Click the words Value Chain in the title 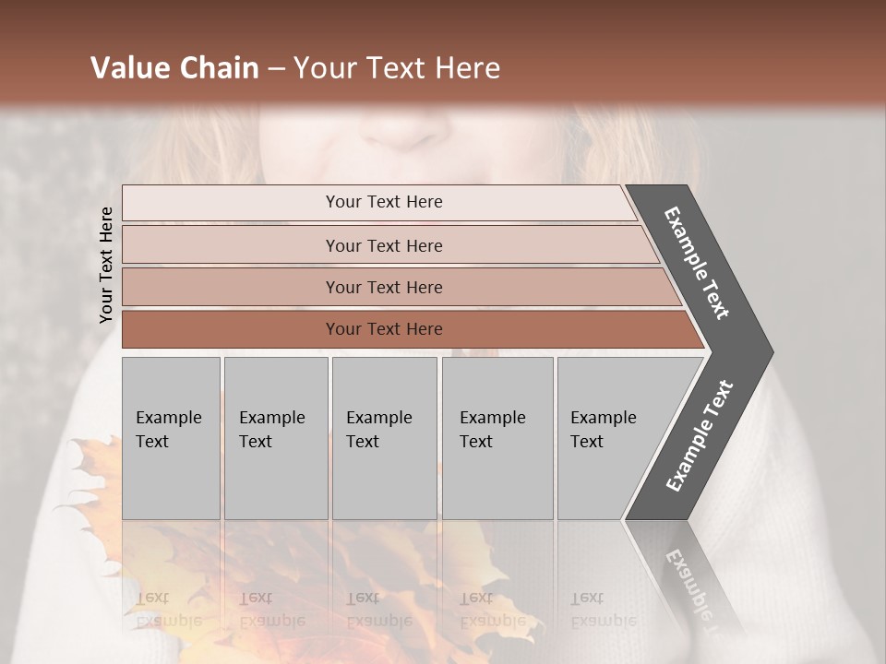pyautogui.click(x=174, y=68)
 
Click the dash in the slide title pyautogui.click(x=276, y=69)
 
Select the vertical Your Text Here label pyautogui.click(x=106, y=265)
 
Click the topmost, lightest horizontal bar pyautogui.click(x=378, y=202)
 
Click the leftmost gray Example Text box pyautogui.click(x=171, y=438)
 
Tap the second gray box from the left pyautogui.click(x=275, y=438)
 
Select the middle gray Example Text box pyautogui.click(x=384, y=438)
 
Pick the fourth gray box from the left pyautogui.click(x=497, y=438)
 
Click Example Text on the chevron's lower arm pyautogui.click(x=700, y=435)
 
